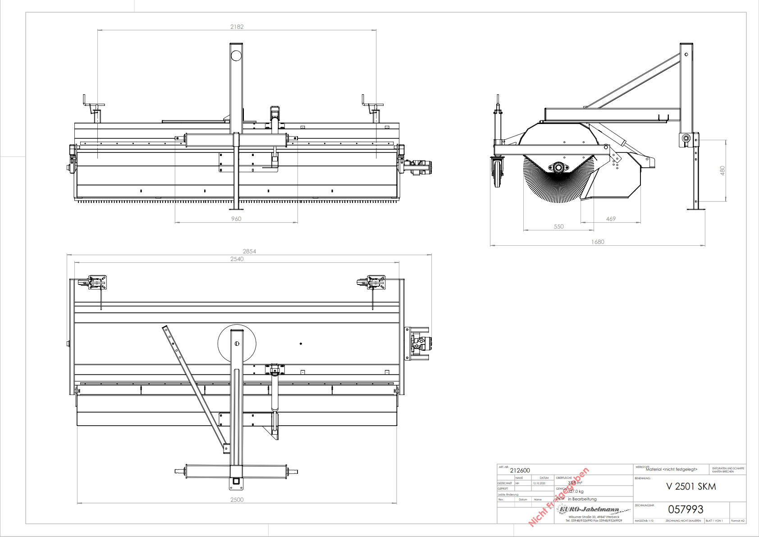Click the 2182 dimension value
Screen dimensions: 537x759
coord(237,27)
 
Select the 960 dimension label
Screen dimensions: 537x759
coord(236,219)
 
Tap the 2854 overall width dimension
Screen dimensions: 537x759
coord(249,251)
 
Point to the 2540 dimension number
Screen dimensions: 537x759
coord(237,259)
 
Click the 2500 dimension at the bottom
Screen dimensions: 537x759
coord(237,500)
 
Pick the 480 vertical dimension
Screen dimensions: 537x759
coord(722,170)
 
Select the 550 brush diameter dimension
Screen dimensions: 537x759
coord(558,226)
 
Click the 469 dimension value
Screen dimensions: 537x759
coord(611,219)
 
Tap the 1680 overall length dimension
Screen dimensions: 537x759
coord(598,242)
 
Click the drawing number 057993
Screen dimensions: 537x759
coord(686,509)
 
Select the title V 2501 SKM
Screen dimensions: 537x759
coord(691,487)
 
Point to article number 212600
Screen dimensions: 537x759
coord(520,470)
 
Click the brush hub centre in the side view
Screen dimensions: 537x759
coord(559,168)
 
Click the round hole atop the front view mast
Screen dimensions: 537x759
coord(236,56)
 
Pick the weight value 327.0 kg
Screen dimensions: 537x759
coord(576,491)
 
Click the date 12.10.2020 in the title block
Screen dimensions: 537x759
coord(539,483)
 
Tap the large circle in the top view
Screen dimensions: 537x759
coord(237,344)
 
